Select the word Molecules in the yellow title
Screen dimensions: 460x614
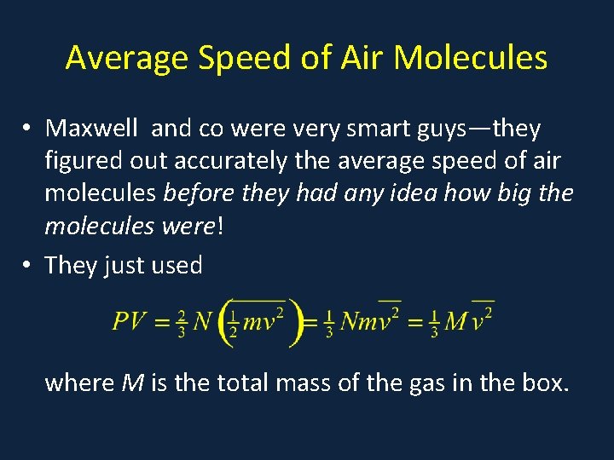pos(471,58)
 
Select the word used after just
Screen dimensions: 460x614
pos(175,265)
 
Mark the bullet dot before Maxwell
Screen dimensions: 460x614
pos(28,129)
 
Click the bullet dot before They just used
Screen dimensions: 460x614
pos(28,266)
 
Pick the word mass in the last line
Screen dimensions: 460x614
pos(299,382)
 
